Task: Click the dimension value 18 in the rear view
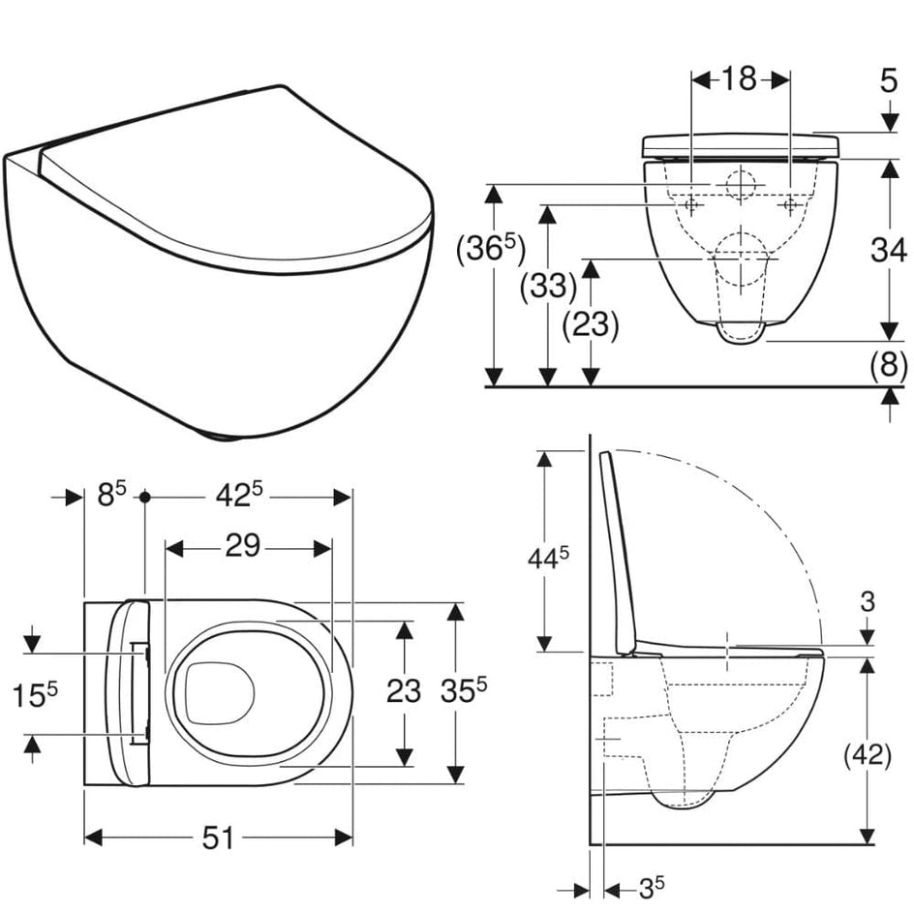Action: (739, 78)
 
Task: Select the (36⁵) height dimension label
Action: (490, 249)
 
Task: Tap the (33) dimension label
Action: (548, 287)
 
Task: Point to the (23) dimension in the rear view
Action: (590, 324)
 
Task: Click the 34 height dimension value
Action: (889, 251)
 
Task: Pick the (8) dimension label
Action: (889, 367)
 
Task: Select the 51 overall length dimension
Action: (218, 838)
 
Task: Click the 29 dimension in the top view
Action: (242, 546)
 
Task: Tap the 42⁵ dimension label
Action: (239, 496)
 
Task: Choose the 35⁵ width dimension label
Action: (464, 690)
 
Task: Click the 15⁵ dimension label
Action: (36, 695)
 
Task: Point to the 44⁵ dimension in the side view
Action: (548, 558)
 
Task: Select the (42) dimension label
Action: (868, 756)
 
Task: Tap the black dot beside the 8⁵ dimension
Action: (145, 497)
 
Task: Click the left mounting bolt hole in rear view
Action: (691, 205)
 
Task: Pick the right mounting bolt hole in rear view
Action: (790, 205)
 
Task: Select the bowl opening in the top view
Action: (221, 692)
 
